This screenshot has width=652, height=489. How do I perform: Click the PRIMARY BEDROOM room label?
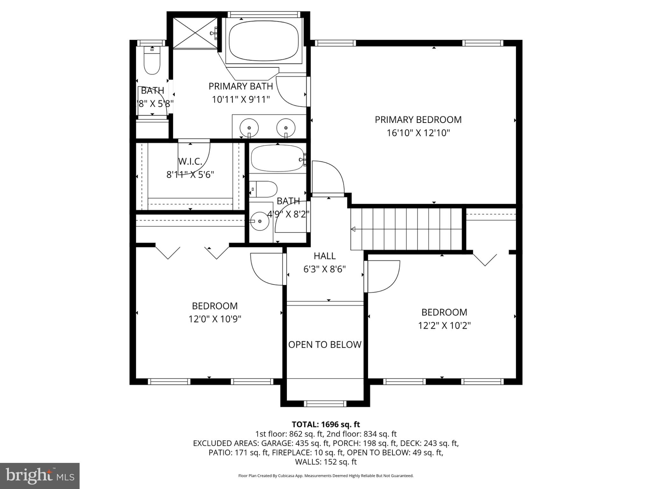[x=418, y=120]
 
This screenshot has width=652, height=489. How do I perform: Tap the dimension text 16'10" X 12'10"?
[x=418, y=133]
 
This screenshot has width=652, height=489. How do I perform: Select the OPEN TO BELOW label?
[x=325, y=344]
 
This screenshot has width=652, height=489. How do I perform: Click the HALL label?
[x=324, y=256]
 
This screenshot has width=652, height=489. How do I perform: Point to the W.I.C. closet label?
[x=190, y=161]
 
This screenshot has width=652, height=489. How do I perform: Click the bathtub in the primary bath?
[x=264, y=40]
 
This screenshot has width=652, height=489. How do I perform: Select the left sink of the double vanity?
[x=249, y=128]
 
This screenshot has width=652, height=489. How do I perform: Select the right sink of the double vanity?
[x=286, y=128]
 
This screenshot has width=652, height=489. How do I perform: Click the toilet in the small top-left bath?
[x=152, y=62]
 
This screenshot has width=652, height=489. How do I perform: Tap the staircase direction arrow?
[x=353, y=229]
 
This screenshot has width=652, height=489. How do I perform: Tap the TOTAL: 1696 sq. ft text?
[x=326, y=424]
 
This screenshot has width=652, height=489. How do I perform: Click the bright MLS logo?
[x=40, y=476]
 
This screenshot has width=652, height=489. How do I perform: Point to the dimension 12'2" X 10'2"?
[x=444, y=326]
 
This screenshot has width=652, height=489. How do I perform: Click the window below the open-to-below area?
[x=325, y=404]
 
